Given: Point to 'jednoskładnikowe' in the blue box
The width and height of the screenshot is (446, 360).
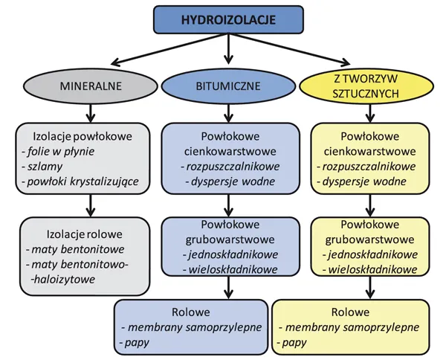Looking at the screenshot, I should pos(229,254).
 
